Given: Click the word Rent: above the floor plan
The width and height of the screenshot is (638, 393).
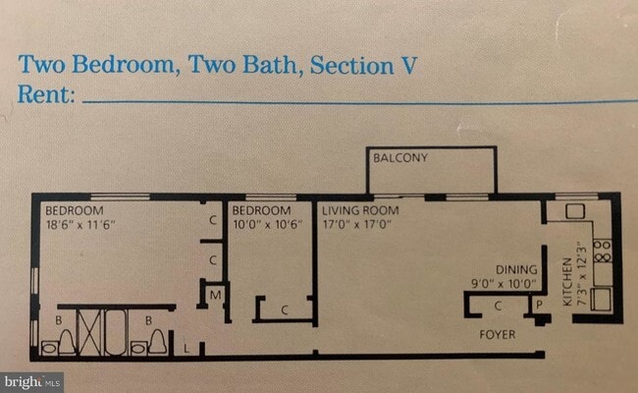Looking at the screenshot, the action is point(46,94).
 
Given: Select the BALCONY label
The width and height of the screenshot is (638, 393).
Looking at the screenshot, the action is point(400,157).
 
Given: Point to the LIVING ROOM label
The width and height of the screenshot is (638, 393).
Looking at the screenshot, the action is point(360,210).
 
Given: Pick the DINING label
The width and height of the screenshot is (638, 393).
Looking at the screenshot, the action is point(516,269).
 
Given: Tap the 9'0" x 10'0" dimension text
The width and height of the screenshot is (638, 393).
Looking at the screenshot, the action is point(504,284).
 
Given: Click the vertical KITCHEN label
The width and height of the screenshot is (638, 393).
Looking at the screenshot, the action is point(566,282).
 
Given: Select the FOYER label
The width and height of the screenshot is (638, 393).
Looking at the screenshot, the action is point(498,335).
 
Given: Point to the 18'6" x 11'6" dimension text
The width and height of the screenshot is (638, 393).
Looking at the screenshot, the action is point(80,225).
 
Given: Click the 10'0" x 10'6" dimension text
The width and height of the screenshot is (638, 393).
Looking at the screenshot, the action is point(268,224).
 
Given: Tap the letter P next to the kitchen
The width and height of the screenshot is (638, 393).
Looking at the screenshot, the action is point(540,305).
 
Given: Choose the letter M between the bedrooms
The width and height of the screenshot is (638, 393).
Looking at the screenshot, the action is point(215,295).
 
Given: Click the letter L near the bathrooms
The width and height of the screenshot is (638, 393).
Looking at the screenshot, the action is point(186,349).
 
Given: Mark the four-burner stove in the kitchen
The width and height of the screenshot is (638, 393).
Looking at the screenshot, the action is point(603,251).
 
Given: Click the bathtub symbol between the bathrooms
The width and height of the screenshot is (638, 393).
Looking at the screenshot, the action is point(116,331).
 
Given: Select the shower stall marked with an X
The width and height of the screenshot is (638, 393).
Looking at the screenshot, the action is point(89,331).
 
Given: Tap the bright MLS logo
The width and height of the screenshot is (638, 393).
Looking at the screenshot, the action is point(32,382).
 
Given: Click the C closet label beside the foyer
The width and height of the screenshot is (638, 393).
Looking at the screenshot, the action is point(498,306).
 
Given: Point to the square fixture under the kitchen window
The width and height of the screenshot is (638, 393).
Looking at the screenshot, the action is point(575,211).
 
